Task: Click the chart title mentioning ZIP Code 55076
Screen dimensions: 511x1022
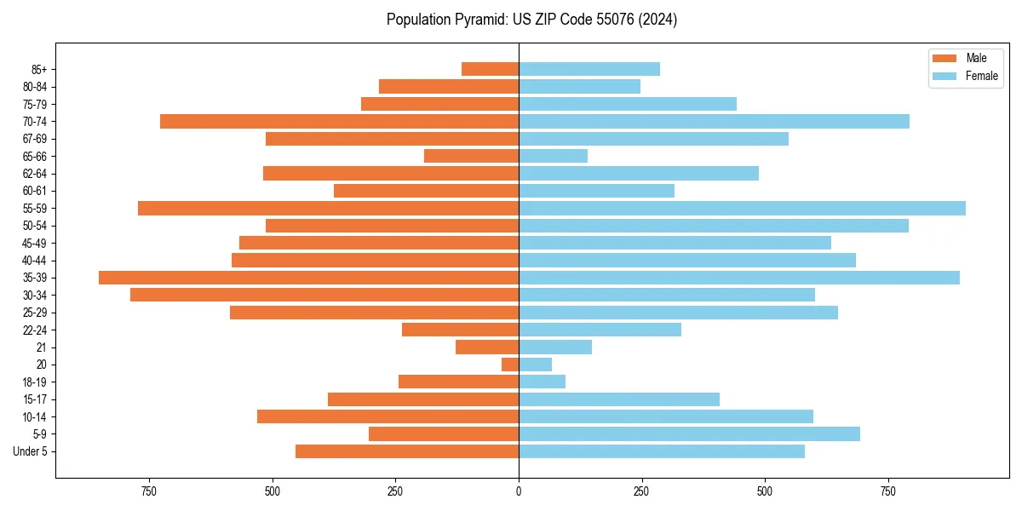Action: (x=531, y=20)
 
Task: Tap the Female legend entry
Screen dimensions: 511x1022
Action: (x=965, y=76)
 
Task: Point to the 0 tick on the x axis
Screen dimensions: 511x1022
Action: (x=519, y=491)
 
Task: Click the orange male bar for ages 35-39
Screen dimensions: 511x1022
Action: (x=308, y=278)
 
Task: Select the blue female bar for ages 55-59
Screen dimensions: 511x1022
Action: (x=742, y=208)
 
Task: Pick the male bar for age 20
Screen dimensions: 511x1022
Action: (x=510, y=365)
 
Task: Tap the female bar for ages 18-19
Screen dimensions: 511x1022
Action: (x=542, y=382)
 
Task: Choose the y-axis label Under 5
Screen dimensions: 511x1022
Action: (x=31, y=451)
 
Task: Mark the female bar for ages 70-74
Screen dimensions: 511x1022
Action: (x=714, y=121)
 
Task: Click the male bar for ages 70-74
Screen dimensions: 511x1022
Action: (x=339, y=121)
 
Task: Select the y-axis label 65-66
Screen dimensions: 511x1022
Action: (x=35, y=156)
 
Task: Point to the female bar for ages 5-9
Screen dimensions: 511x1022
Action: (x=689, y=433)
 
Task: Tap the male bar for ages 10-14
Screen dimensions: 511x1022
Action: (x=388, y=416)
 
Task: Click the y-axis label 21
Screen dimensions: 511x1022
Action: (x=42, y=347)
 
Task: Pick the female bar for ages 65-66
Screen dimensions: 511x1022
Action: (x=553, y=156)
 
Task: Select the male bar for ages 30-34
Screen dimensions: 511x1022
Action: (x=324, y=295)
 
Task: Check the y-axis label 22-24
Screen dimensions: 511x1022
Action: (x=35, y=330)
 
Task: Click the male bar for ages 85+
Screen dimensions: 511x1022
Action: (x=490, y=69)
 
